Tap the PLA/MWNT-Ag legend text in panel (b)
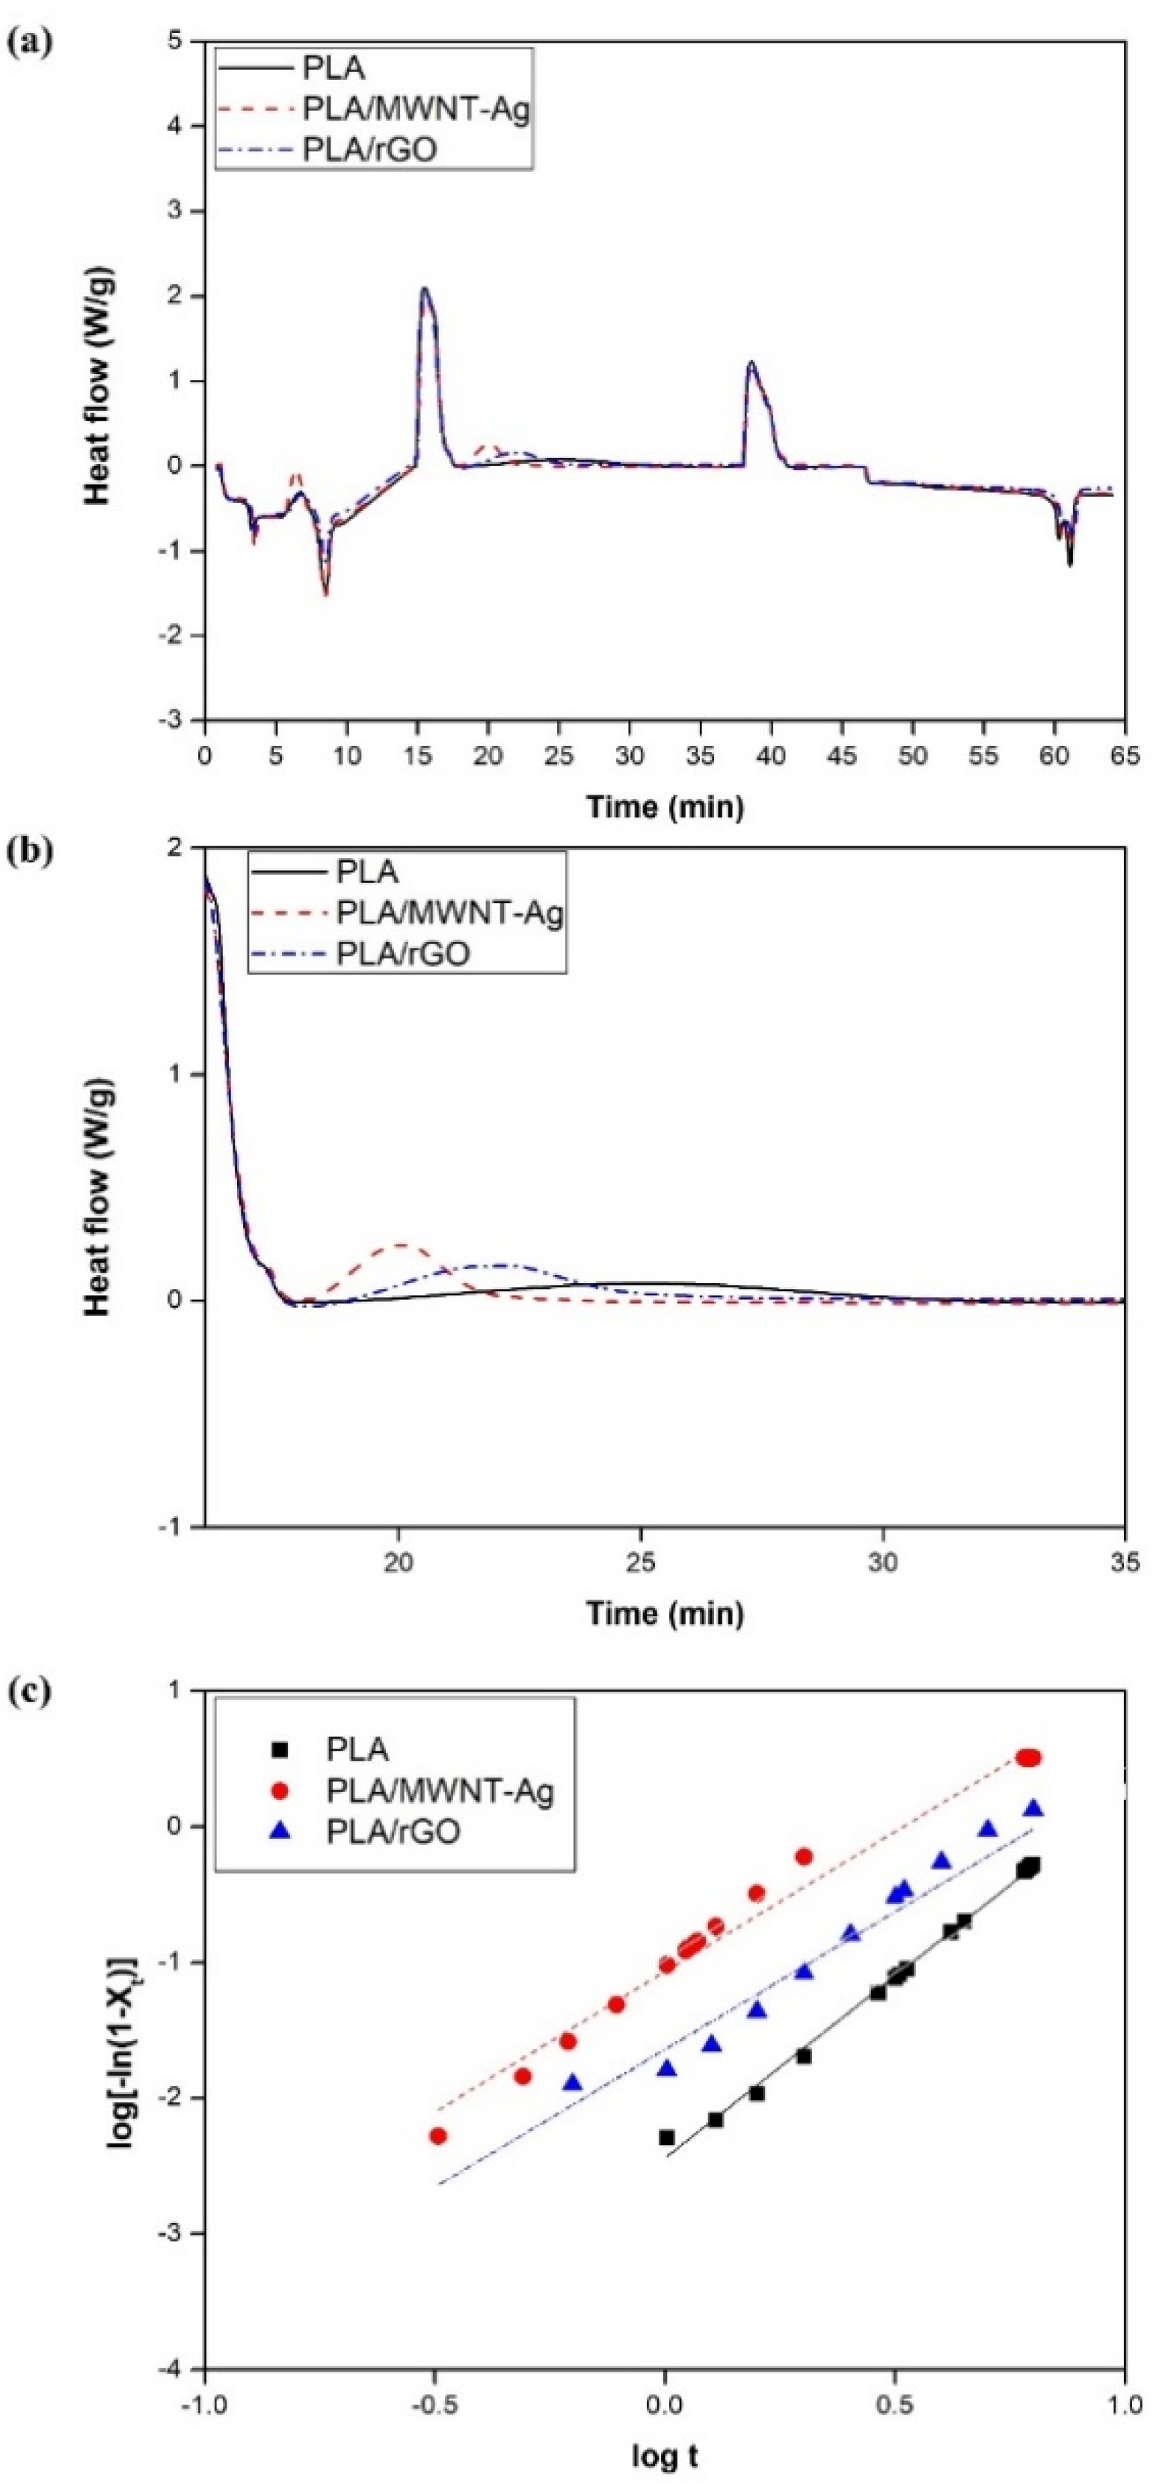pyautogui.click(x=449, y=912)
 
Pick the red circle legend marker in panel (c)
pyautogui.click(x=280, y=1790)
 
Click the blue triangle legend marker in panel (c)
pyautogui.click(x=280, y=1830)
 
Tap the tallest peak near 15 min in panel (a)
pyautogui.click(x=423, y=287)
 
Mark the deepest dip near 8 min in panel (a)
pyautogui.click(x=326, y=594)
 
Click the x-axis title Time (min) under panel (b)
pyautogui.click(x=665, y=1612)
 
